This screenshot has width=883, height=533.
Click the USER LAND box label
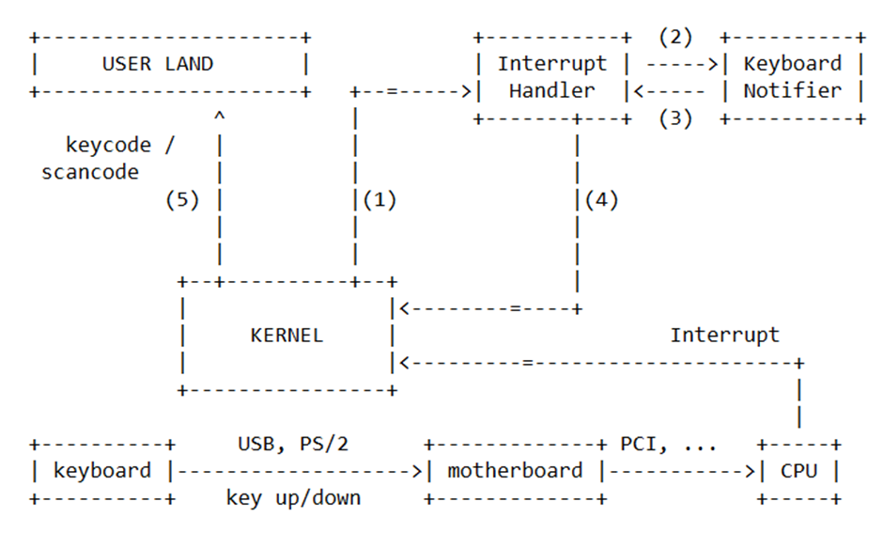click(158, 64)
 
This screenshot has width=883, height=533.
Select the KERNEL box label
click(287, 336)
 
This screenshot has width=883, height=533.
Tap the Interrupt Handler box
click(551, 77)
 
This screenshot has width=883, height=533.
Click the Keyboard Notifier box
click(792, 77)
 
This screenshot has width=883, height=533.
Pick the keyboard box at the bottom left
click(101, 470)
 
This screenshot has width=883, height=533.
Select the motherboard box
click(515, 470)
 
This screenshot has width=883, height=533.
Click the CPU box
click(798, 470)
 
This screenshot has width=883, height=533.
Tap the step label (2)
click(674, 38)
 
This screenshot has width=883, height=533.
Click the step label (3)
click(674, 119)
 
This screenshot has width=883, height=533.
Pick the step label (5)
click(182, 200)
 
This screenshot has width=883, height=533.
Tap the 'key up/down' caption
click(293, 497)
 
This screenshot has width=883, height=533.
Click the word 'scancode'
click(90, 172)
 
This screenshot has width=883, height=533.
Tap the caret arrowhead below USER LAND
click(219, 117)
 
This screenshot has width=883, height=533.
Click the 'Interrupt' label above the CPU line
click(724, 335)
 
